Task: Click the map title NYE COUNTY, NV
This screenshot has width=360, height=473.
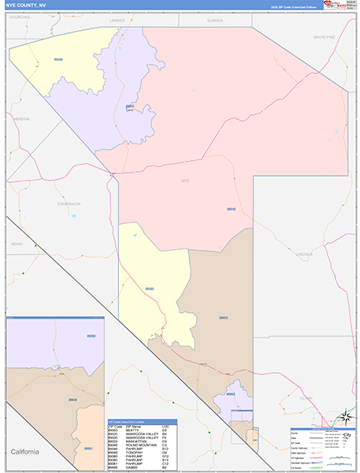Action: click(x=24, y=5)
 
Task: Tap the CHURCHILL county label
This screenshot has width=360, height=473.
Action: click(x=20, y=16)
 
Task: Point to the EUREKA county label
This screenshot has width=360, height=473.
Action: click(x=215, y=19)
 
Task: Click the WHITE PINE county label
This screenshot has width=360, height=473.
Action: click(x=323, y=37)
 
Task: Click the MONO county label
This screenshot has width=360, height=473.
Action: click(x=17, y=244)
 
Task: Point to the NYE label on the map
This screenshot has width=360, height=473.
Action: click(x=186, y=181)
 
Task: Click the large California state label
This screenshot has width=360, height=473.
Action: click(x=28, y=451)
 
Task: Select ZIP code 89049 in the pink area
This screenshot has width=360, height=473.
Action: click(x=231, y=209)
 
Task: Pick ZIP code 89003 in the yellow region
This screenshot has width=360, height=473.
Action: click(x=150, y=289)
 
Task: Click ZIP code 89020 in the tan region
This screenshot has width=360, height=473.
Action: click(x=224, y=318)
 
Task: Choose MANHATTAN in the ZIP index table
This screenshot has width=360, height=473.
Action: click(x=136, y=441)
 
